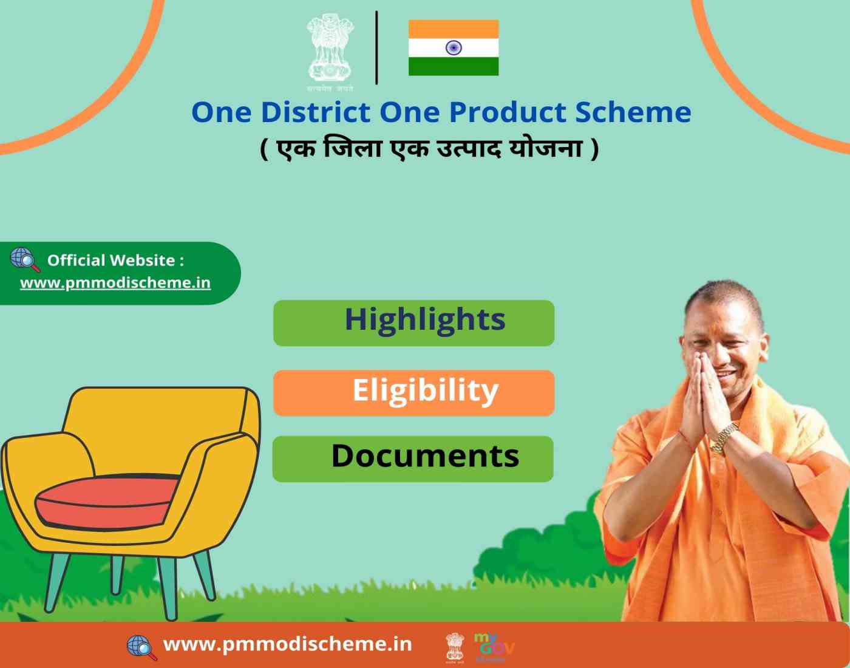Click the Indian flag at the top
click(x=454, y=48)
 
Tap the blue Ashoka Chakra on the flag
click(x=454, y=48)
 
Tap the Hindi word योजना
click(x=546, y=149)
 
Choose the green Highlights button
click(x=414, y=323)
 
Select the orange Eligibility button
click(x=414, y=393)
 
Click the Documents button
click(x=413, y=458)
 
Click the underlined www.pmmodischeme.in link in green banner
click(x=115, y=283)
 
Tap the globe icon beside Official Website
click(x=25, y=259)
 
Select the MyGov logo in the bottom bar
click(x=494, y=647)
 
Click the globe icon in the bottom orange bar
click(x=142, y=648)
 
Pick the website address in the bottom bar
click(x=288, y=644)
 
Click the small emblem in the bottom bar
click(x=455, y=647)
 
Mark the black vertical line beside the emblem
click(x=376, y=48)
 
